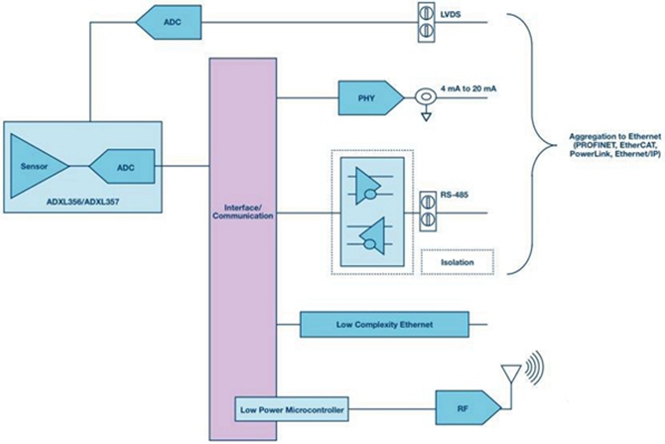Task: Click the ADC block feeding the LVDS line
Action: (x=169, y=22)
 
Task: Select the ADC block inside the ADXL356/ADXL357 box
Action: (x=122, y=166)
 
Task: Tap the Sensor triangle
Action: (x=39, y=166)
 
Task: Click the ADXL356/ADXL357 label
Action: (x=82, y=202)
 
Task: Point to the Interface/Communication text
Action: (x=243, y=212)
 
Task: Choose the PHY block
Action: (x=371, y=97)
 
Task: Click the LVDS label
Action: (x=450, y=15)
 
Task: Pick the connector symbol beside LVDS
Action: (x=427, y=23)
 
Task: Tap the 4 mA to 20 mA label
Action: (x=468, y=88)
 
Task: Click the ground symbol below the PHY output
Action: (x=426, y=116)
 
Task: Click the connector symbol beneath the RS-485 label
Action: (x=428, y=212)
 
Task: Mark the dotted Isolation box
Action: (x=458, y=262)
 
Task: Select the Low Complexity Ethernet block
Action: (x=385, y=325)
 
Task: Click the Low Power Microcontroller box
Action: (x=292, y=409)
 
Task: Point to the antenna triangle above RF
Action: (x=510, y=373)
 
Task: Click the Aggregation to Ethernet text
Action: (x=615, y=146)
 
